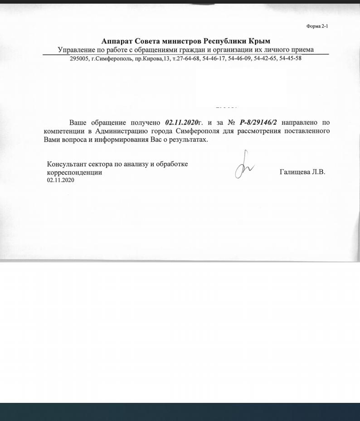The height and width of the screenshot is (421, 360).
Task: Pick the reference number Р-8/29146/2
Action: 258,122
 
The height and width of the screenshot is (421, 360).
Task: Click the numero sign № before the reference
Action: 231,123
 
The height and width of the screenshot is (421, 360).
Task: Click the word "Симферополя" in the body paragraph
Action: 198,131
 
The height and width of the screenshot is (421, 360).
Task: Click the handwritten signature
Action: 243,166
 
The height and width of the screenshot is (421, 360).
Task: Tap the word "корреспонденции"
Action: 75,173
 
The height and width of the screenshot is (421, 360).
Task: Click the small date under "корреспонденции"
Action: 60,180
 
